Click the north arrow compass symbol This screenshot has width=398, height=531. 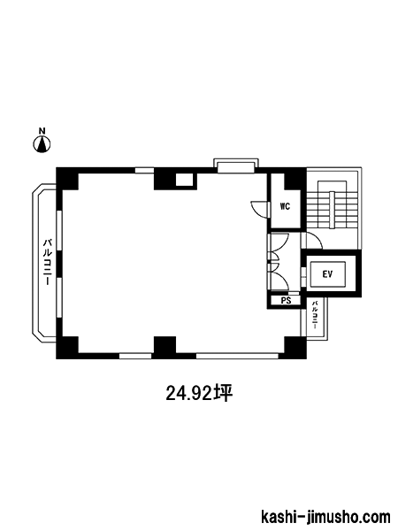[42, 144]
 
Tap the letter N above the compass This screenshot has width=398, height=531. [42, 130]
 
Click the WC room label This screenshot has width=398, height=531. [285, 206]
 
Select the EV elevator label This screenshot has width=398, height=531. [327, 274]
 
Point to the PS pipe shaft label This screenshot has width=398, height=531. [286, 300]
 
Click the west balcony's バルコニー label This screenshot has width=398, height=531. [47, 261]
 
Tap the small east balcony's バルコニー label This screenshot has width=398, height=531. [314, 315]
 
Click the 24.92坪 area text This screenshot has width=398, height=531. [199, 394]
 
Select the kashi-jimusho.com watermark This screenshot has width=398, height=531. [325, 518]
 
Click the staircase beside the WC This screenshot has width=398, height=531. [332, 206]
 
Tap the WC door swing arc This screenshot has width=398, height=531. [258, 208]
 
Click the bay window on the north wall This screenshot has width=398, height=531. [236, 165]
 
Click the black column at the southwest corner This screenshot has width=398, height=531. [67, 347]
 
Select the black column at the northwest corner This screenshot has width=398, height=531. [67, 179]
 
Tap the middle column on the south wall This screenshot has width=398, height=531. [165, 346]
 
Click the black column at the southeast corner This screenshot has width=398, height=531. [295, 347]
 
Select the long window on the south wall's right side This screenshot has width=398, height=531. [237, 356]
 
